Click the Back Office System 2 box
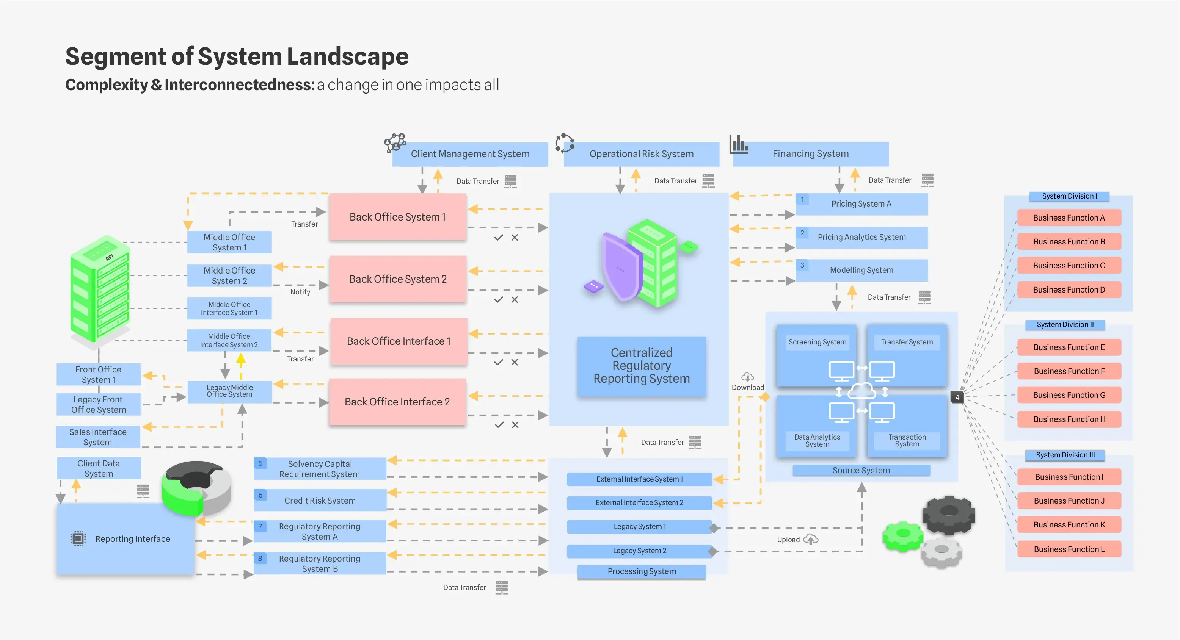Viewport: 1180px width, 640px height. [398, 279]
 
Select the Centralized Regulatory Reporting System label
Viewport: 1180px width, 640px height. [641, 366]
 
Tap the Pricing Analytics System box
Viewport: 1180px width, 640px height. [861, 237]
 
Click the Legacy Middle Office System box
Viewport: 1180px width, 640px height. [229, 391]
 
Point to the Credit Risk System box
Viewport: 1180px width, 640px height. [320, 501]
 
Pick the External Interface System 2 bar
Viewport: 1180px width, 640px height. [639, 503]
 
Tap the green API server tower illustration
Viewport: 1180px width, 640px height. [100, 289]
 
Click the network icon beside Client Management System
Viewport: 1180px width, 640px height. [395, 143]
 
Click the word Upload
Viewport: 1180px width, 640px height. [788, 540]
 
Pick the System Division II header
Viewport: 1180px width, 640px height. [1065, 325]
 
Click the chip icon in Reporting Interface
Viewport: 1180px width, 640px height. [78, 538]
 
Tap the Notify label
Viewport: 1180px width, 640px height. [300, 292]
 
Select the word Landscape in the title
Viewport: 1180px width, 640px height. [348, 57]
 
